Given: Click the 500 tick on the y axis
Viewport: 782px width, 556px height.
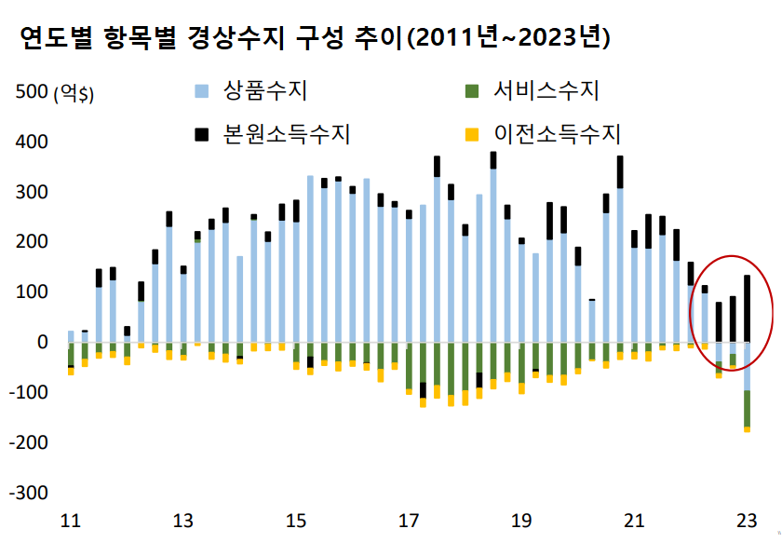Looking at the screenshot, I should [32, 92].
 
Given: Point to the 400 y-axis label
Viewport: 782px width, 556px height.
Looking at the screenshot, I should [32, 142].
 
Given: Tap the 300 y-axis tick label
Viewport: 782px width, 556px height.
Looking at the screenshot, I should [32, 193].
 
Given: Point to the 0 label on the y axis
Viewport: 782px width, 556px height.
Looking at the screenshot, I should [41, 342].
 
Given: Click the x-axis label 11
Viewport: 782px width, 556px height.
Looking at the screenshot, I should [70, 520].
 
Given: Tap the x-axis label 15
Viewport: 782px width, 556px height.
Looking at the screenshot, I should [296, 520].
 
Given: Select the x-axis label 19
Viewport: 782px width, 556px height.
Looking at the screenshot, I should [522, 520].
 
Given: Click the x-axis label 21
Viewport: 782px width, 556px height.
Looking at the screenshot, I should [635, 520].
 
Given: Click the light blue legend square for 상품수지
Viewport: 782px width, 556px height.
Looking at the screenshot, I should [201, 91].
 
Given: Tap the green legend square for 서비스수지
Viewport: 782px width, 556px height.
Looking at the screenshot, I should [470, 91].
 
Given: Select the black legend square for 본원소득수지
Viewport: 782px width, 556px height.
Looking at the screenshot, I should [201, 134].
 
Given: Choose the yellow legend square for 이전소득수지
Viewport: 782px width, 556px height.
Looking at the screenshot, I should [470, 134].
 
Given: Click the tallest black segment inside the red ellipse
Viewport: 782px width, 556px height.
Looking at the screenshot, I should [747, 308].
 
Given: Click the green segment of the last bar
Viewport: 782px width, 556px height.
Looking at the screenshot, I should [747, 408].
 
